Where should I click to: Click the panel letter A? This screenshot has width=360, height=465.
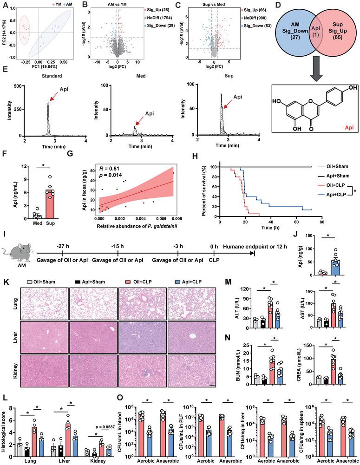point(4,4)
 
